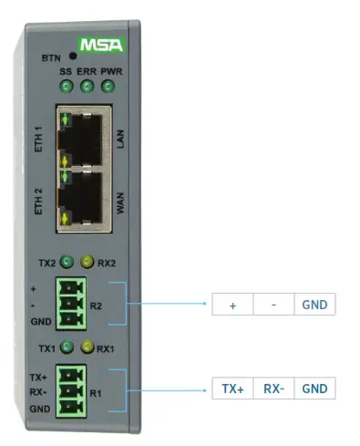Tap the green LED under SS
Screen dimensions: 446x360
(66, 88)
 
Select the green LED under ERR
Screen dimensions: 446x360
(87, 88)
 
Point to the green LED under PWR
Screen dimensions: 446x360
(108, 88)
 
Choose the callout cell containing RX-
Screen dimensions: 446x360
(273, 388)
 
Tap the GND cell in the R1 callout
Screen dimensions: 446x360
(314, 388)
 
